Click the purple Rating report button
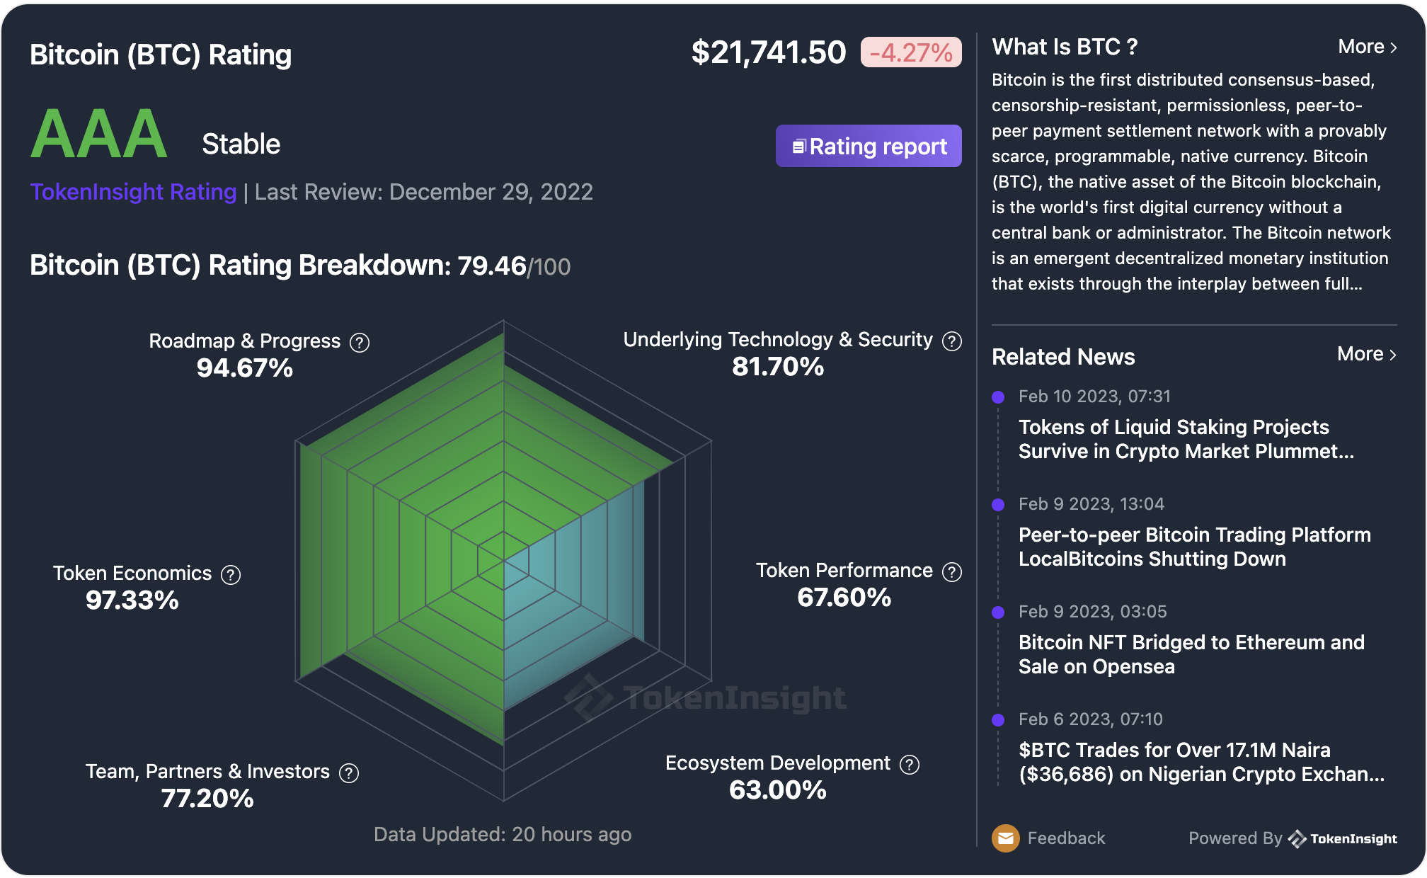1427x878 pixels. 869,146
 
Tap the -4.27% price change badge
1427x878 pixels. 910,52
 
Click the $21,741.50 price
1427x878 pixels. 768,52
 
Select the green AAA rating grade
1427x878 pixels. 99,135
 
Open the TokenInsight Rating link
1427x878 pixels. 133,192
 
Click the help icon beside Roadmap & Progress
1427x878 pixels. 360,343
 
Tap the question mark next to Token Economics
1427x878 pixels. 231,575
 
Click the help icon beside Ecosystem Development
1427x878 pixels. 910,765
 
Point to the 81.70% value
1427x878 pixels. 778,367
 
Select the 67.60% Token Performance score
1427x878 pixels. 844,598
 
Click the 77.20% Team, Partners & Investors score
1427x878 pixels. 207,799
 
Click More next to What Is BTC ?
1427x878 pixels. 1367,47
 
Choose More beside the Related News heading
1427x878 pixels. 1366,354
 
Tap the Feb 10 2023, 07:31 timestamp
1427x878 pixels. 1094,397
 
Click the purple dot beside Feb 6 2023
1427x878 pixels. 998,720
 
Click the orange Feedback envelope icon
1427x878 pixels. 1005,838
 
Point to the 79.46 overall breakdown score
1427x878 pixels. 492,266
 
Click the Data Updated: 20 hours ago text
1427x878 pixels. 503,835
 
